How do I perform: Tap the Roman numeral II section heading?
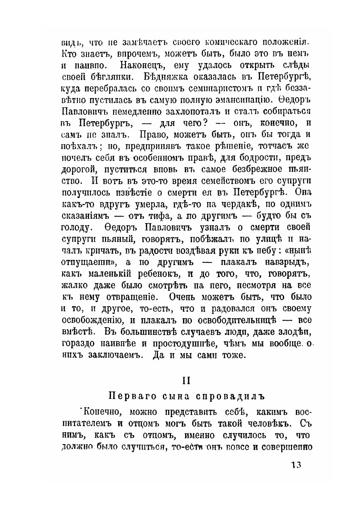186,380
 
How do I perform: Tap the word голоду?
77,225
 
